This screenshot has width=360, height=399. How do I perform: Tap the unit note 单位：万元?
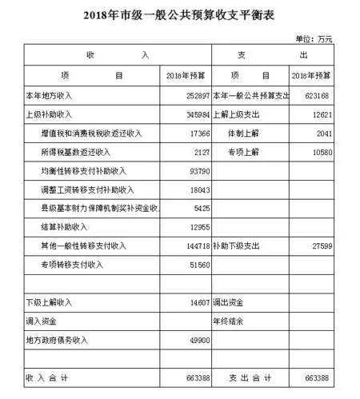coord(314,38)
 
